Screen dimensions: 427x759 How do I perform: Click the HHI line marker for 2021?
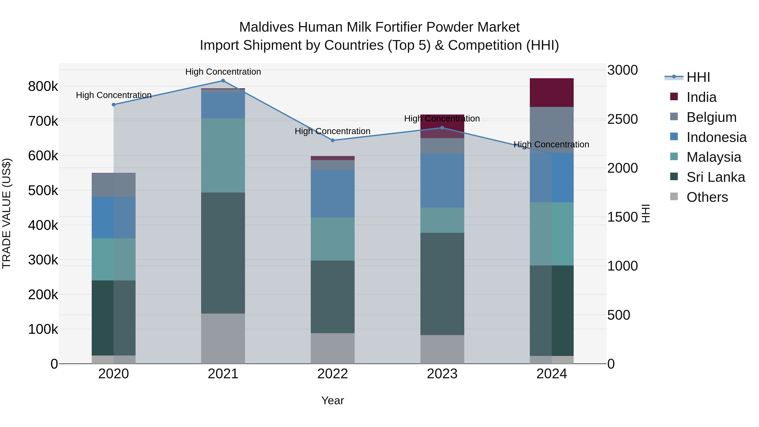[223, 81]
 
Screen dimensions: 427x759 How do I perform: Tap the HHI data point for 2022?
[333, 140]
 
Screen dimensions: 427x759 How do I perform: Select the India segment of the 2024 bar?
[552, 93]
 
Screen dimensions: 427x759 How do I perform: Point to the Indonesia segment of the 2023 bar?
[442, 181]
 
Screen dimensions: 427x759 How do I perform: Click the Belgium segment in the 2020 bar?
[113, 185]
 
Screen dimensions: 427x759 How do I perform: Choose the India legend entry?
[701, 97]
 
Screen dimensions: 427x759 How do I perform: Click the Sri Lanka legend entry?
[715, 177]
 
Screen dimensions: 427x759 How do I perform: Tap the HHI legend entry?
[698, 77]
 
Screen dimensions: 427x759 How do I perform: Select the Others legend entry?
[707, 197]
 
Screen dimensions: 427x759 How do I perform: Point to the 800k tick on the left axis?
[43, 87]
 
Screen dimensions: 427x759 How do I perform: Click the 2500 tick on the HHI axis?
[622, 119]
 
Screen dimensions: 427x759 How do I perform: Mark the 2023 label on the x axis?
[442, 374]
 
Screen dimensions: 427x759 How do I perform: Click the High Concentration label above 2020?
[114, 95]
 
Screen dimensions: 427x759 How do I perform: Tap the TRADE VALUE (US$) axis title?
[7, 213]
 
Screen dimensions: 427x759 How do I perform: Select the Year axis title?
[333, 400]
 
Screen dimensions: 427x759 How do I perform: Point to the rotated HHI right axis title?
[646, 213]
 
